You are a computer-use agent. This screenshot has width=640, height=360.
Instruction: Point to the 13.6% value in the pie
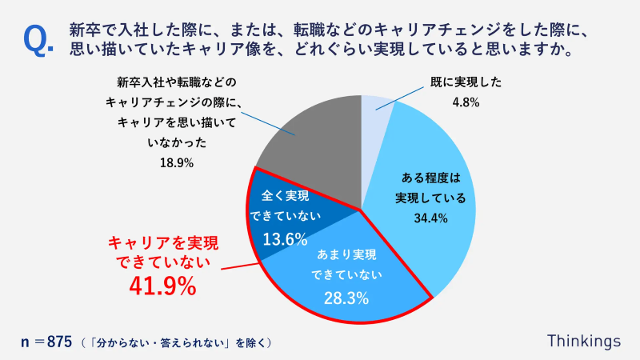pyautogui.click(x=285, y=238)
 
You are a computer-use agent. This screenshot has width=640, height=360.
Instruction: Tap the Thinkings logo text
pyautogui.click(x=583, y=340)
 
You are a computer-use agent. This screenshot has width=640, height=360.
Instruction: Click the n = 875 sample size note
pyautogui.click(x=48, y=342)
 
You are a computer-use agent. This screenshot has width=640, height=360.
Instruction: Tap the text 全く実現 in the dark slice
pyautogui.click(x=285, y=195)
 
